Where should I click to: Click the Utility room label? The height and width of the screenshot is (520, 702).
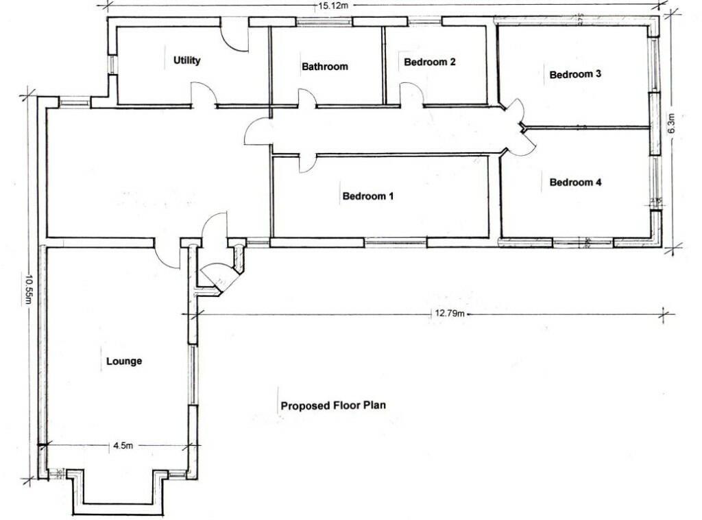[186, 60]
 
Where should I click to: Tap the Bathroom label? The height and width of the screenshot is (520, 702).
[325, 67]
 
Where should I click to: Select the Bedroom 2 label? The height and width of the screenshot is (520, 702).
[430, 62]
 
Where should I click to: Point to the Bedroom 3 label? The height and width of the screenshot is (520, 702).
[575, 74]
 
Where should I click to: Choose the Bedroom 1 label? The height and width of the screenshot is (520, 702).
[368, 196]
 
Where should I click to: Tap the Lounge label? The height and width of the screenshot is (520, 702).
[124, 361]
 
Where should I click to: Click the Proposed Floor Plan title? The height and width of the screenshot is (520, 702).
[333, 405]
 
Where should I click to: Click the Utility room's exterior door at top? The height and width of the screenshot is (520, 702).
[234, 36]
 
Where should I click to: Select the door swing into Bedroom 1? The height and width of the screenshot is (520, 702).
[307, 163]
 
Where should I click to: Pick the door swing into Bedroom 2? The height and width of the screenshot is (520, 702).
[412, 95]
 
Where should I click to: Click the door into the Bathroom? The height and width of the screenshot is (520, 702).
[306, 99]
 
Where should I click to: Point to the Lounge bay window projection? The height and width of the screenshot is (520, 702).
[118, 493]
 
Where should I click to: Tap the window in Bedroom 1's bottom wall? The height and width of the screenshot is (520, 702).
[395, 242]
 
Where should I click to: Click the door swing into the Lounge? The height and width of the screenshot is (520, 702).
[167, 256]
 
